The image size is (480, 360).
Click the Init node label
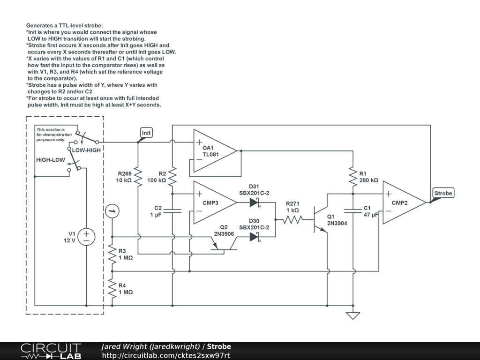(x=146, y=133)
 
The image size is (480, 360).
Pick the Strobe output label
(x=442, y=193)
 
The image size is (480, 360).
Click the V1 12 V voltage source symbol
(x=86, y=237)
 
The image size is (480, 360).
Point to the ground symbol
(x=352, y=315)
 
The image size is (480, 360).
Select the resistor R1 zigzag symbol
(x=352, y=177)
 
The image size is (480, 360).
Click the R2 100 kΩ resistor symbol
(x=172, y=177)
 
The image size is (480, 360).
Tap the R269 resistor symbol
(x=138, y=177)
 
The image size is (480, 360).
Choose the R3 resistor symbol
(x=112, y=254)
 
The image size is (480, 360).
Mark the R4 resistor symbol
(x=112, y=288)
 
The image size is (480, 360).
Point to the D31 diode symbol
(x=255, y=202)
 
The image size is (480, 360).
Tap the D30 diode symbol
(x=255, y=237)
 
